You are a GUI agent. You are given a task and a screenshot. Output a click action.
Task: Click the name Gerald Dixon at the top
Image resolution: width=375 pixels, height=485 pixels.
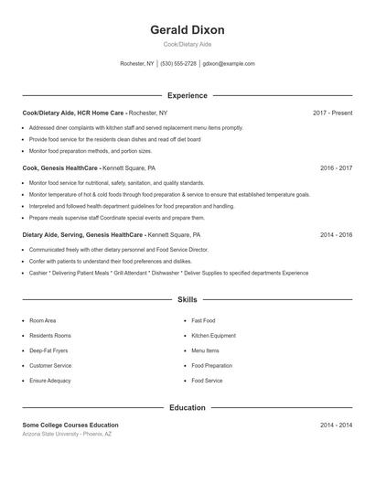point(187,30)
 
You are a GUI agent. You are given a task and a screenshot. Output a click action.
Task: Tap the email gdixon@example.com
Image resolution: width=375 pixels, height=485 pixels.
point(229,64)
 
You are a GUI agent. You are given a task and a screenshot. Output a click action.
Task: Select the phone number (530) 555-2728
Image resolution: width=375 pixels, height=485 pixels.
point(178,64)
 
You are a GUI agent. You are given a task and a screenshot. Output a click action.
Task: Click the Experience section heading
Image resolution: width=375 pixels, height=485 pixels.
point(187,95)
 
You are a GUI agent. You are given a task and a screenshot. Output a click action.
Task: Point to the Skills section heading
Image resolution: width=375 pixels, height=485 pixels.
point(187,299)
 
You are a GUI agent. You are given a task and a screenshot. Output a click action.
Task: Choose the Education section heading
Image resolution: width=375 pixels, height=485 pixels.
point(187,407)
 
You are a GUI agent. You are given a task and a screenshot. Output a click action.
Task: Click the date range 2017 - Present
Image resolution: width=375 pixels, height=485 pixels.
point(332,113)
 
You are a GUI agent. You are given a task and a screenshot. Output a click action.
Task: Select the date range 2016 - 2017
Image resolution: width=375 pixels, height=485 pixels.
point(336,168)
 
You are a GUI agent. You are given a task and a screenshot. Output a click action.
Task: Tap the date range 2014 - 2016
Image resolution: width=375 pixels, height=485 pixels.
point(336,234)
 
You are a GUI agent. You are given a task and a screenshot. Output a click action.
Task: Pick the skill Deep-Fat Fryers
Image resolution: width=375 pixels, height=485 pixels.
point(49,350)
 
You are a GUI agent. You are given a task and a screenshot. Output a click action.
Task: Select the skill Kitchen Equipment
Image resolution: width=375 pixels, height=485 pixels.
point(213,336)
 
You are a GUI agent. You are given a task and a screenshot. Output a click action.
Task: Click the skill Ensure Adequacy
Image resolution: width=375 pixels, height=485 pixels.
point(49,380)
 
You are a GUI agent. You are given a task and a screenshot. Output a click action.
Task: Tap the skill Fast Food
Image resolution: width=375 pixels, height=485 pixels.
point(203,321)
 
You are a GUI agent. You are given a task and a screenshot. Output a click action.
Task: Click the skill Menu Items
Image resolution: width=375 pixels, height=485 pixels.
point(205,350)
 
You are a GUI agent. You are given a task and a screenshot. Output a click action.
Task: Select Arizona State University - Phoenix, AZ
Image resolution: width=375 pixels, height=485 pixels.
point(67,434)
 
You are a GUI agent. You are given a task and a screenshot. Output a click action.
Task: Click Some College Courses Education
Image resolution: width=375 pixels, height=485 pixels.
point(70,425)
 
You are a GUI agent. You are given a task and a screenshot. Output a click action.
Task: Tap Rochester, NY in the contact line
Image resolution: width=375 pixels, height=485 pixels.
point(137,64)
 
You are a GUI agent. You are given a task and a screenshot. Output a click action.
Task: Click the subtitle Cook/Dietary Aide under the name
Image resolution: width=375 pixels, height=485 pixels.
point(187,45)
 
